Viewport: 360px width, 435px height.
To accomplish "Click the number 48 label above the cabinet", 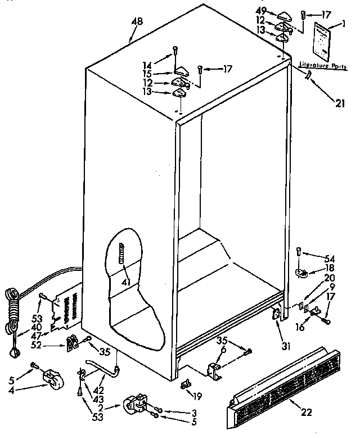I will tap(137, 22).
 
